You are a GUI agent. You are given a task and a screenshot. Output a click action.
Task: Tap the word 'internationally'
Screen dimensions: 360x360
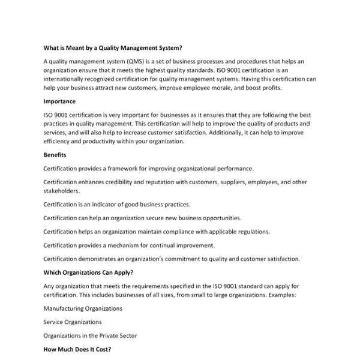click(x=65, y=79)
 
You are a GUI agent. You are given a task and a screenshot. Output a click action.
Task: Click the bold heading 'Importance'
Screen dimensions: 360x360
click(x=59, y=101)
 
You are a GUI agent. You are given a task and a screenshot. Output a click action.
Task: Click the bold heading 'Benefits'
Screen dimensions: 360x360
click(x=56, y=155)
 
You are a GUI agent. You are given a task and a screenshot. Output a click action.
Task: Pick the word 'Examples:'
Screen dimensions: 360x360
click(x=280, y=295)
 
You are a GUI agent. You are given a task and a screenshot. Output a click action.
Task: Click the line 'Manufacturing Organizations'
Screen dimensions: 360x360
click(x=83, y=308)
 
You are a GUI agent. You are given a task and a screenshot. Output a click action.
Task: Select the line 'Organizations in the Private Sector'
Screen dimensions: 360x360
click(x=91, y=336)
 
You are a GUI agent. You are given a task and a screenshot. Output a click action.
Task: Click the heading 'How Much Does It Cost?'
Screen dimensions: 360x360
click(x=77, y=349)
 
